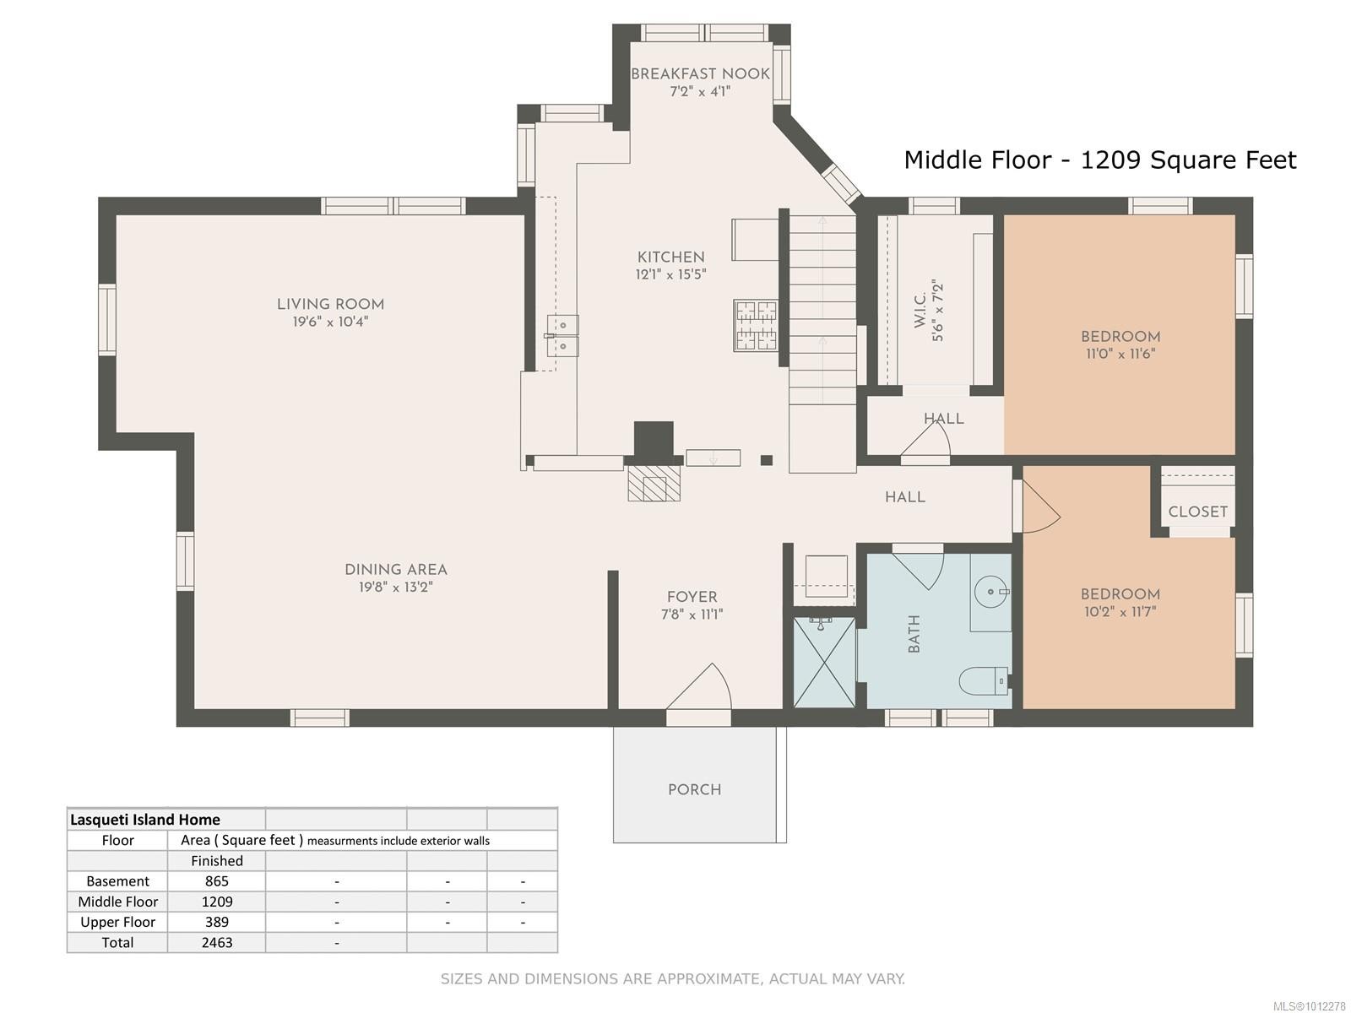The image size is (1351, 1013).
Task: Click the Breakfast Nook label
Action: coord(700,74)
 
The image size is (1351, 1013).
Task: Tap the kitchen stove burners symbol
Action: coord(756,325)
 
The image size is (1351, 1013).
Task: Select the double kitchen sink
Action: coord(562,336)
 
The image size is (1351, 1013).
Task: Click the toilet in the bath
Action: coord(984,680)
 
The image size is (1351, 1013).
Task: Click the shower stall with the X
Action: coord(824,663)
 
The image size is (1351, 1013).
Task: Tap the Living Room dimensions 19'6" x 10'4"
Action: coord(330,322)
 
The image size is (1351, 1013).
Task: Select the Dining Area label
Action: coord(395,570)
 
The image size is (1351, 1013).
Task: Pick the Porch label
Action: coord(694,790)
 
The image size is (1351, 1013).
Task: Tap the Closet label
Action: coord(1197,512)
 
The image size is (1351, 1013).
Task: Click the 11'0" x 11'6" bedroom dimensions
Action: coord(1120,354)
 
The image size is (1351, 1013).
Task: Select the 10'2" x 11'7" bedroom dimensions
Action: coord(1120,611)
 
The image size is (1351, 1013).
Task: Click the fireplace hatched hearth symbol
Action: coord(654,484)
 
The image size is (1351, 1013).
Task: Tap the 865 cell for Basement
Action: coord(216,881)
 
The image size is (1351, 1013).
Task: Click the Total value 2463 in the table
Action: coord(216,942)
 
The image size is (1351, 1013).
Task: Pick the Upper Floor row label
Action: coord(117,922)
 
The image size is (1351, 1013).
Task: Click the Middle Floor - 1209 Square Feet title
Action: coord(1099,160)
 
